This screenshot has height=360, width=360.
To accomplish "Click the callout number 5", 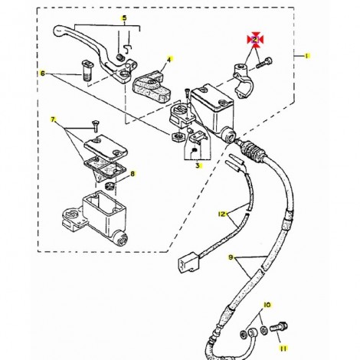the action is [x=124, y=18].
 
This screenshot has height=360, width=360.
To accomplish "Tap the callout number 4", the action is [x=169, y=60].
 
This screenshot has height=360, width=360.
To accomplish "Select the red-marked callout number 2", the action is [x=255, y=40].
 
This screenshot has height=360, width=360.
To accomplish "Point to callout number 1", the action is [x=307, y=56].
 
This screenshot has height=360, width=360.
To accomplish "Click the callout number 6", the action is [x=43, y=74].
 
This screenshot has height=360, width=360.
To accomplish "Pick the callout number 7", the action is [x=53, y=119].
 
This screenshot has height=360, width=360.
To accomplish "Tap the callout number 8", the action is [x=133, y=174].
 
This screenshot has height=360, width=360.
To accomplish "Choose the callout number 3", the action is [x=198, y=165].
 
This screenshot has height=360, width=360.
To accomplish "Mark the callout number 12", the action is [x=222, y=214].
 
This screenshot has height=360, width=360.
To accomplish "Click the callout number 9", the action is [x=231, y=257].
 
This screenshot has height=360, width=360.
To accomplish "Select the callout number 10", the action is [x=267, y=305].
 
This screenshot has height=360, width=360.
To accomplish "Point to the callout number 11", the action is [x=283, y=349].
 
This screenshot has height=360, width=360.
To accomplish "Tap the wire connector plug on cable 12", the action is [x=188, y=262].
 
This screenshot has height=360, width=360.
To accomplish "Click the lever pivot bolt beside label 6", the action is [x=87, y=70].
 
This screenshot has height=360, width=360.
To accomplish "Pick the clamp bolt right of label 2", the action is [x=264, y=63].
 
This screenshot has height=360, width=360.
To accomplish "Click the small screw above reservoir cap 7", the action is [x=96, y=126].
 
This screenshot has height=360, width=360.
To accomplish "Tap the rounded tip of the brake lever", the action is [x=58, y=31].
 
